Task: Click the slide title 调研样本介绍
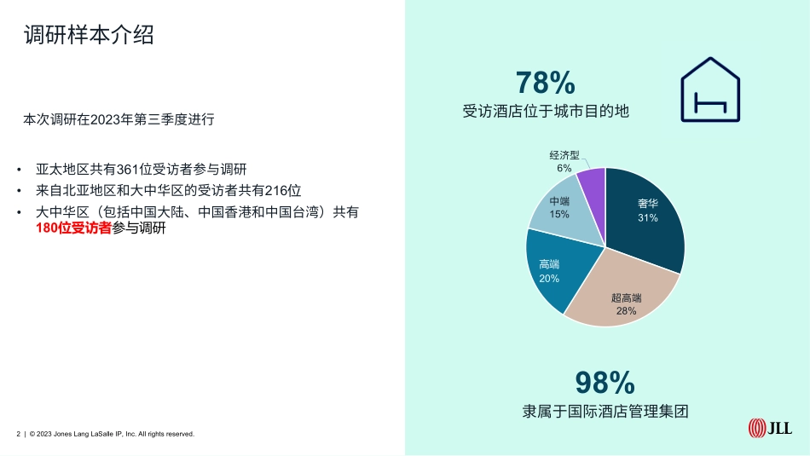coord(89,35)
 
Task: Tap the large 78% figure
coord(546,83)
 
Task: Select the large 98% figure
coord(605,381)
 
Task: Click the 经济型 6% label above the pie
coord(564,162)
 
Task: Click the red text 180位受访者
coord(74,228)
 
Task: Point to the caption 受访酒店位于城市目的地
coord(546,111)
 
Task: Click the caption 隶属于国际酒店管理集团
coord(605,411)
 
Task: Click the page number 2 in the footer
coord(19,434)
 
